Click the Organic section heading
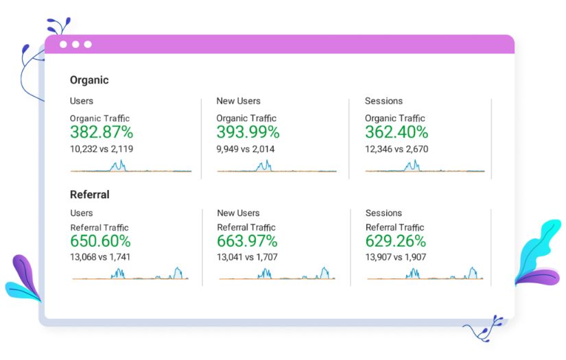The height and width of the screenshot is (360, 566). click(89, 80)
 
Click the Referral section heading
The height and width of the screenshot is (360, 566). click(90, 195)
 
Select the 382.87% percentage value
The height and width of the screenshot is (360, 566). click(102, 132)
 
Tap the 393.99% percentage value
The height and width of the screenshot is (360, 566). click(248, 132)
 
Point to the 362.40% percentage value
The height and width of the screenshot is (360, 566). click(397, 132)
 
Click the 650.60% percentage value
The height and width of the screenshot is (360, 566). click(100, 241)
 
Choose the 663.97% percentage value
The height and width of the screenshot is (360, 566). click(247, 241)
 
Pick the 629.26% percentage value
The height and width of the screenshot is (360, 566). click(396, 241)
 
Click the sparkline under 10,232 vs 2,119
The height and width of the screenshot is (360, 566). click(130, 168)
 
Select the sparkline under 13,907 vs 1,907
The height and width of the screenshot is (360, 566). click(425, 275)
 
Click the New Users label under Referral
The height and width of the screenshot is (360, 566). click(239, 213)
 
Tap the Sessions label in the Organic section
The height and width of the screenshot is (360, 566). click(384, 101)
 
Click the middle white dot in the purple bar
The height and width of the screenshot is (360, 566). click(75, 45)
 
